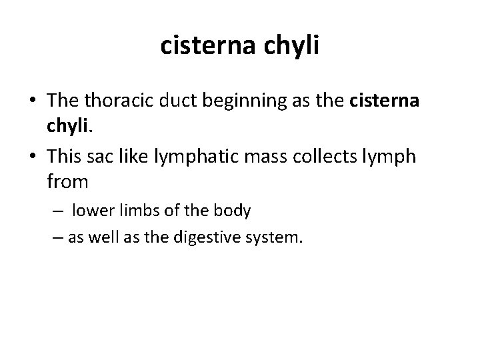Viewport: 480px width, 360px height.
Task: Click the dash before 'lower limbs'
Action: pos(59,211)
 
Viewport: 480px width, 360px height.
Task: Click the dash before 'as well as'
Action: pos(55,238)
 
